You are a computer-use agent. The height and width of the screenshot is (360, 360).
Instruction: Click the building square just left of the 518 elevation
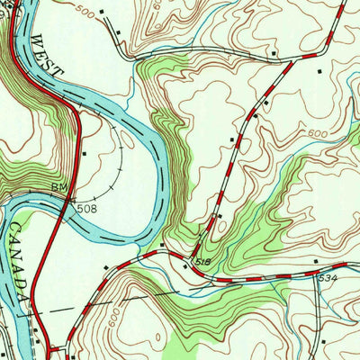click(162, 246)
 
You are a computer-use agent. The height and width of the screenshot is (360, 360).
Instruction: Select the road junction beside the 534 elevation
click(316, 271)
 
